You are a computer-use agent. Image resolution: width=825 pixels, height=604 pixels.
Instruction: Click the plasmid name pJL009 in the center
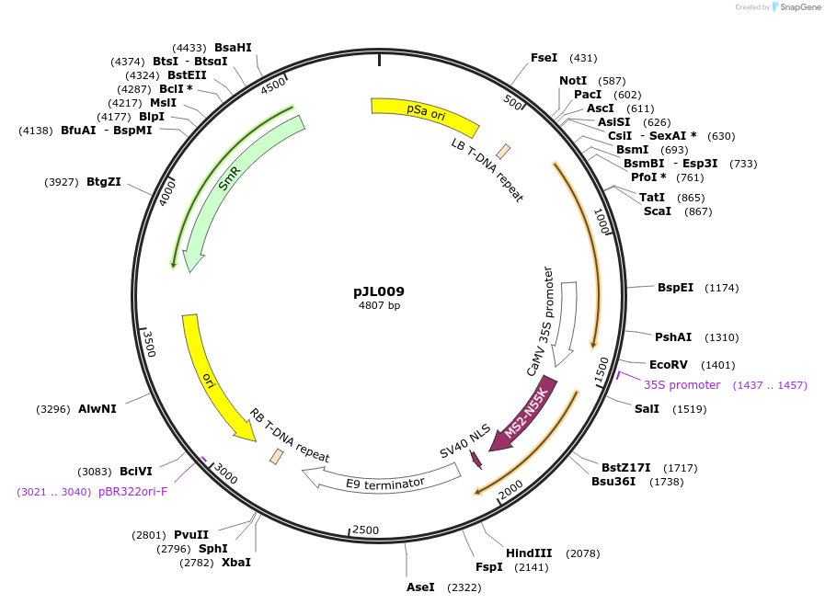coord(379,291)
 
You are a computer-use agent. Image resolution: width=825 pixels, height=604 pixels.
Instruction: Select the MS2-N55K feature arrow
coord(524,413)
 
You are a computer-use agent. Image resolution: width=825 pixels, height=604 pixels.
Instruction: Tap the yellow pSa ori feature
coord(425,114)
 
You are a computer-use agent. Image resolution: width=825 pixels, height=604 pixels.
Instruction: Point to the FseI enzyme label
coord(544,58)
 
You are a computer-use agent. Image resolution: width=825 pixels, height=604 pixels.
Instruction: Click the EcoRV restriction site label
coord(668,365)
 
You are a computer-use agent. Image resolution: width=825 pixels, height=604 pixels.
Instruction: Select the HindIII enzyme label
coord(529,553)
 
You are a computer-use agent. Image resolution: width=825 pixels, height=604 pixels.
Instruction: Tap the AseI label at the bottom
coord(420,587)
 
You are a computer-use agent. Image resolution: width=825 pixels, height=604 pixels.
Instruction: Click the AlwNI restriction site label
coord(97,409)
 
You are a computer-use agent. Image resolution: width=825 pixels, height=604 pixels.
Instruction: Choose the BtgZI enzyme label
coord(103,182)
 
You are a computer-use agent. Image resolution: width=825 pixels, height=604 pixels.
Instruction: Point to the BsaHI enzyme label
coord(233,48)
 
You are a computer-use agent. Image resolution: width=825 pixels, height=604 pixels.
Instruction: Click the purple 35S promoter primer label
coord(682,385)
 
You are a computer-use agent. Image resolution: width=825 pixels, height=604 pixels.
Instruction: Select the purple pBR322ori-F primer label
coord(132,492)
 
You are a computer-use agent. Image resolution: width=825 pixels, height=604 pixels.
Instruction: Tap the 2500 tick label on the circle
coord(366,530)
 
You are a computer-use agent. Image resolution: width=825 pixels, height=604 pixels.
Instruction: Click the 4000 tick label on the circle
coord(167,194)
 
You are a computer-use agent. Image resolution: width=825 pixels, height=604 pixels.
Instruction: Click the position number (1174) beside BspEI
coord(722,288)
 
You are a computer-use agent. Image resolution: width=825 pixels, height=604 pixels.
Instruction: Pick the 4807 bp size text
coord(379,306)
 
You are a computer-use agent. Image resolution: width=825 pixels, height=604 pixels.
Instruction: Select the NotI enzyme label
coord(572,81)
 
